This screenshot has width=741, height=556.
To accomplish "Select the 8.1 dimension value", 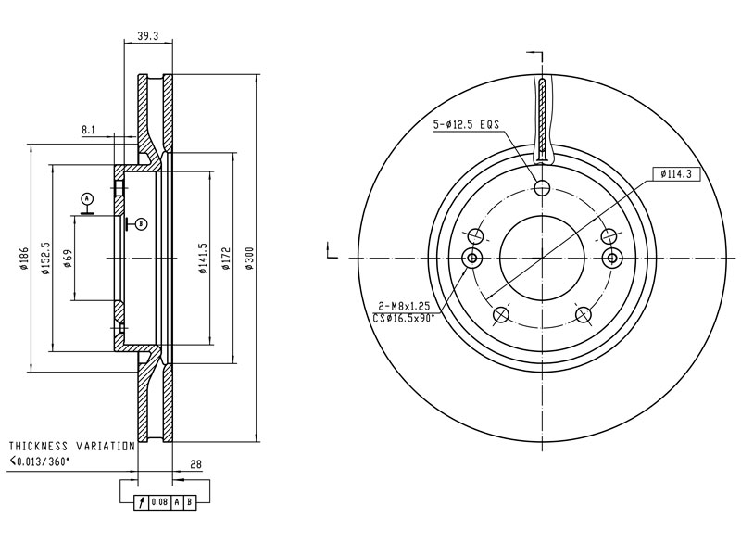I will [89, 130].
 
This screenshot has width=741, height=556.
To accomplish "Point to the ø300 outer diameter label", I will [248, 259].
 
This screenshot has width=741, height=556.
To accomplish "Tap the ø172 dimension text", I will [225, 259].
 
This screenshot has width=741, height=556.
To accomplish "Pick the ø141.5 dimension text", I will [202, 259].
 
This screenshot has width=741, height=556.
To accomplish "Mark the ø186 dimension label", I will [20, 260].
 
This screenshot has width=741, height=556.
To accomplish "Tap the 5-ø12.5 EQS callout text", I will [466, 123].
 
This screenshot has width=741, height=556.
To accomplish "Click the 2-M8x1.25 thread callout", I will [406, 306].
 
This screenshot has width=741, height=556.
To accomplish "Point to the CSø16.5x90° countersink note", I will [404, 318].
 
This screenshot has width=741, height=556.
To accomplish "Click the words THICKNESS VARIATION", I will [71, 446].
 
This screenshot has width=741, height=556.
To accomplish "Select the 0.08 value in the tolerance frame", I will [158, 502].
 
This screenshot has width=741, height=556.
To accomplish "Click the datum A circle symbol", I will [87, 198].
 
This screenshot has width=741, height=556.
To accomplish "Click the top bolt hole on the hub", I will [543, 188].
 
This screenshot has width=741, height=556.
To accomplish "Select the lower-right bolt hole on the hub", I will [584, 315].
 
